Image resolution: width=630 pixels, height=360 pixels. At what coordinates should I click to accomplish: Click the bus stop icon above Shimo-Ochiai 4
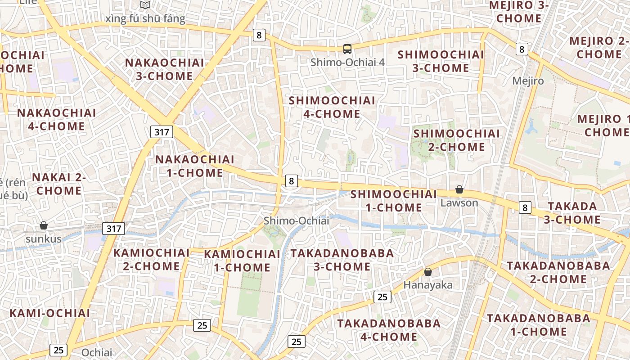(x=347, y=49)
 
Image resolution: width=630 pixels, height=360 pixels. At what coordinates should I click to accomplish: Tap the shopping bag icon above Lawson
(x=459, y=189)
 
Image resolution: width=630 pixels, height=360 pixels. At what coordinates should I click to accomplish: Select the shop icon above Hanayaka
(x=427, y=272)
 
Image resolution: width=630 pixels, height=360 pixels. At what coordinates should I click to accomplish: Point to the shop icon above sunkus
(x=44, y=225)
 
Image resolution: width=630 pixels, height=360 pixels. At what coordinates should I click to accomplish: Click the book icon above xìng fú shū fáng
(x=145, y=5)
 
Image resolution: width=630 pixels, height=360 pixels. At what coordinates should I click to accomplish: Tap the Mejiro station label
(x=528, y=81)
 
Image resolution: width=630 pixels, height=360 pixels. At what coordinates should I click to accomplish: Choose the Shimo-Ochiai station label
(x=296, y=220)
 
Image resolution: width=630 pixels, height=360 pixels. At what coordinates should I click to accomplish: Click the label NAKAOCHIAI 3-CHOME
(x=164, y=69)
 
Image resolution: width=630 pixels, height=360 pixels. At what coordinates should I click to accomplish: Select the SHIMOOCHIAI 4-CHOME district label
(x=332, y=107)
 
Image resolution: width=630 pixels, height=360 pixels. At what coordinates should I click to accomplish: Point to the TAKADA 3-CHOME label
(x=572, y=213)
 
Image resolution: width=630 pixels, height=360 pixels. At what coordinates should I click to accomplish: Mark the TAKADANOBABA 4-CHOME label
(x=389, y=329)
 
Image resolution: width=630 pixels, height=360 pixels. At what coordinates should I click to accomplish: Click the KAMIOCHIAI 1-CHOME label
(x=242, y=261)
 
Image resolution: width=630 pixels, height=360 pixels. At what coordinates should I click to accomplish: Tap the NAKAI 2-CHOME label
(x=59, y=184)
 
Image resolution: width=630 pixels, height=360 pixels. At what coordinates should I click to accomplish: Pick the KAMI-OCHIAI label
(x=49, y=313)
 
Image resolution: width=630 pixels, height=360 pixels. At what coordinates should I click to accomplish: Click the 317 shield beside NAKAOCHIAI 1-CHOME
(x=161, y=132)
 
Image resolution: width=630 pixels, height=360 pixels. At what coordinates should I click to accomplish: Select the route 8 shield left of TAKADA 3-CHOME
(x=525, y=207)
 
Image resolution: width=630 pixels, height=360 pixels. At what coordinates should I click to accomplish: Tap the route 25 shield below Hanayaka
(x=382, y=297)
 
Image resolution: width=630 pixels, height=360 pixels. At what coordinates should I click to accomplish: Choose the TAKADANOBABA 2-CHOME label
(x=558, y=272)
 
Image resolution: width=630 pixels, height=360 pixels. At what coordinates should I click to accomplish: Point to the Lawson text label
(x=459, y=202)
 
